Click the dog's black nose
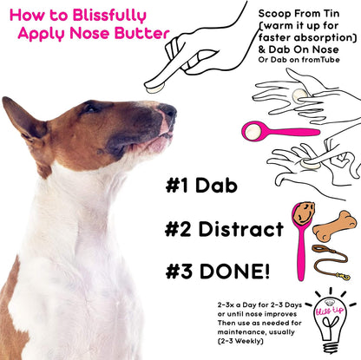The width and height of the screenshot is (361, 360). [x=169, y=112]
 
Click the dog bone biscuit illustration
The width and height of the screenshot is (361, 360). [x=335, y=228]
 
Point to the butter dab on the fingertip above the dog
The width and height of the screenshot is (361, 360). [x=154, y=84]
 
